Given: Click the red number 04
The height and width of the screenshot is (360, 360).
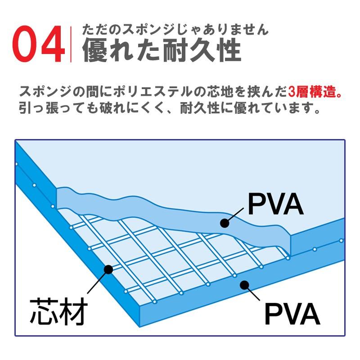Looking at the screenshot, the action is tap(39, 44).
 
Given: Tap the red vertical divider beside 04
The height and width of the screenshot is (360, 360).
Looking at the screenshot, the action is tap(71, 44).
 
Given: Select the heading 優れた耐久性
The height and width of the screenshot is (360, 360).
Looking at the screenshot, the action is tap(162, 49).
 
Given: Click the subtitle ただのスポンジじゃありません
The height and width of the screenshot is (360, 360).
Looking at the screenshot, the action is tap(175, 30).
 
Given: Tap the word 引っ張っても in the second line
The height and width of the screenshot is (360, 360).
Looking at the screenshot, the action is tap(58, 108).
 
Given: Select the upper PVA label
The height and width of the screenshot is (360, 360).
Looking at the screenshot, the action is tap(276, 204).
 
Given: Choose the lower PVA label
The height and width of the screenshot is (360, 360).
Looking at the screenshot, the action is tap(292, 313).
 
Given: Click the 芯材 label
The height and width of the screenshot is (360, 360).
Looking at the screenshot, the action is tap(59, 311).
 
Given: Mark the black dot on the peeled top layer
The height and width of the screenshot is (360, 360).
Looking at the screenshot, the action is tap(225, 223).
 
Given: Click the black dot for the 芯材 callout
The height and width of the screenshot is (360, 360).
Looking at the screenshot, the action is tap(108, 269).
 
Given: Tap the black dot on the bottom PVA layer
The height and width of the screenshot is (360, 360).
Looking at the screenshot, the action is tap(244, 285).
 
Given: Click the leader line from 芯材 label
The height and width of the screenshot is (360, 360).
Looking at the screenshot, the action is tap(98, 281).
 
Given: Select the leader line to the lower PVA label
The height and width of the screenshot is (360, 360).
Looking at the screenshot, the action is tap(252, 293).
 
